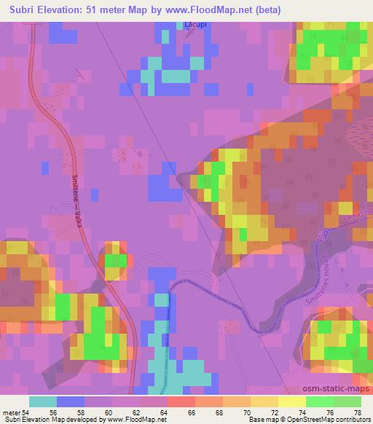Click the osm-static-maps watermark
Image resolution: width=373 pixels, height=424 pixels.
339,391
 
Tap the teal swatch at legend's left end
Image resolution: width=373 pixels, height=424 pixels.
43,401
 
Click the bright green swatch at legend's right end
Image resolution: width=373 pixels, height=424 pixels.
347,401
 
